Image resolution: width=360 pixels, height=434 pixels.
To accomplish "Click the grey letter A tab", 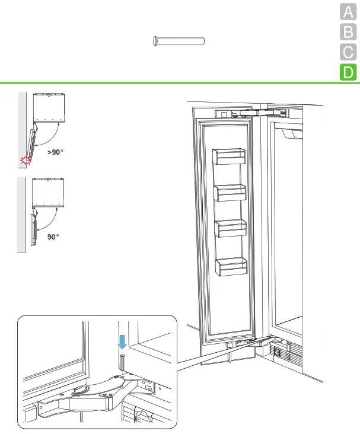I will click(x=348, y=12).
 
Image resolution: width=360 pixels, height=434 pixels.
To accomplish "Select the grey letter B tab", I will click(x=348, y=32).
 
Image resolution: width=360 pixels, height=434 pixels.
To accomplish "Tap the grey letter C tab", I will click(x=348, y=52).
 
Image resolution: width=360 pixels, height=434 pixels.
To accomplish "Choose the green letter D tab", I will click(x=348, y=73).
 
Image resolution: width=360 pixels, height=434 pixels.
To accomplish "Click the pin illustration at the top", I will click(x=178, y=41).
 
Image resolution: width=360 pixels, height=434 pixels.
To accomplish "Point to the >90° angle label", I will click(x=55, y=152).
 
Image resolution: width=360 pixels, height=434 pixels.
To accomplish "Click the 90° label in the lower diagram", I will click(x=53, y=237).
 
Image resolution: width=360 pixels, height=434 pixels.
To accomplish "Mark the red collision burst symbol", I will click(x=25, y=160).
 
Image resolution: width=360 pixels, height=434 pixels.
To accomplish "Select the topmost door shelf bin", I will click(x=228, y=157).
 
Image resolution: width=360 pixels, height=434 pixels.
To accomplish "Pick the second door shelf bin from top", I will click(x=230, y=193).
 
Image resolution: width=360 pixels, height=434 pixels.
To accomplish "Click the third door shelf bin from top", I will click(x=230, y=229).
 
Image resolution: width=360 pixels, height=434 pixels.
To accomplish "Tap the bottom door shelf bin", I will click(x=231, y=266).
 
